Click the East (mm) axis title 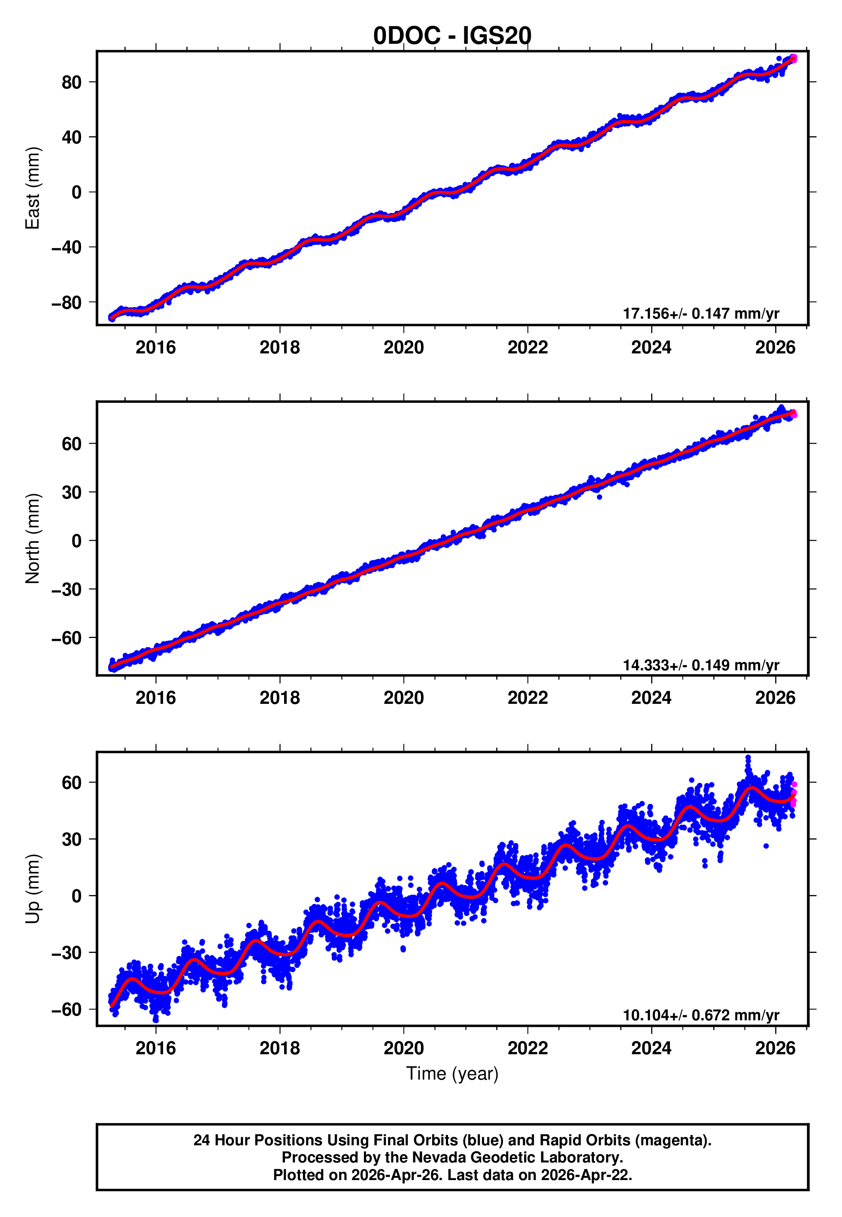(x=33, y=188)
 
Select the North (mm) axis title (x=33, y=539)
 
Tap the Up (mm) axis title (x=33, y=889)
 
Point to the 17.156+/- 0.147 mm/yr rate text (x=701, y=313)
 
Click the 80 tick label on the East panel (x=72, y=82)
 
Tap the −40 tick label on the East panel (x=67, y=247)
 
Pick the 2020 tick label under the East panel (x=403, y=347)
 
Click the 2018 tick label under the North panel (x=280, y=698)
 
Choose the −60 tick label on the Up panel (x=67, y=1010)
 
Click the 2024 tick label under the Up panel (x=651, y=1048)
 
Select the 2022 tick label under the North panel (x=527, y=698)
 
